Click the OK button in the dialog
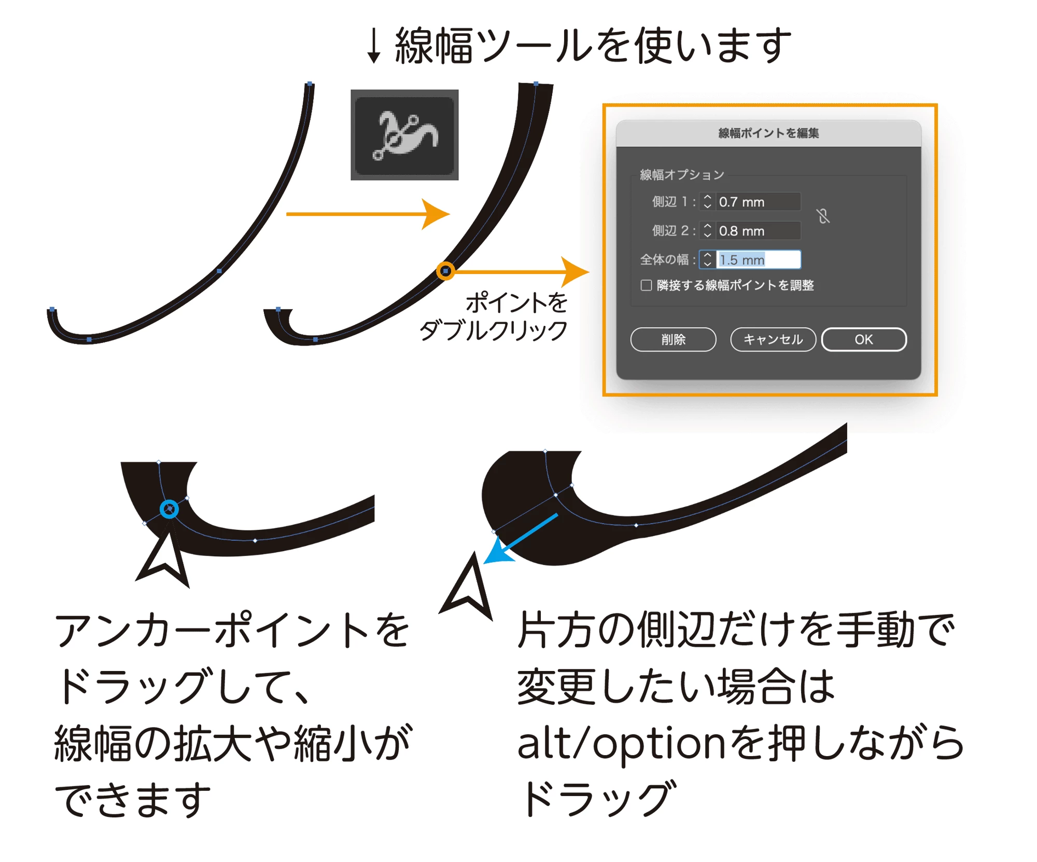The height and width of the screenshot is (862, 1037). (864, 339)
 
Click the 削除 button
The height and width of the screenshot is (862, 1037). (673, 339)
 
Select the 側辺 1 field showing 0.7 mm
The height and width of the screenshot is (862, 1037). (759, 202)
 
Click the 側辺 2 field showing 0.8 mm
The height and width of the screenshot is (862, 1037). (759, 231)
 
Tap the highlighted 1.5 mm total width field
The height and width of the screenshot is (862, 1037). (759, 259)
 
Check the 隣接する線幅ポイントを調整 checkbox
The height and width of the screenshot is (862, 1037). (646, 285)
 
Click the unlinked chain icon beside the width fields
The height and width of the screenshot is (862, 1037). (823, 216)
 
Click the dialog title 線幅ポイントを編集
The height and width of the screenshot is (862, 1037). (768, 133)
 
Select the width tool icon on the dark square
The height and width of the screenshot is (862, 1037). (405, 135)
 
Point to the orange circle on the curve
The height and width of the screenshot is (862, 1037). (445, 271)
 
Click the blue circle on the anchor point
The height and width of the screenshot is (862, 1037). (169, 509)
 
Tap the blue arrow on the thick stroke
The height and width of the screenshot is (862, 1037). (521, 539)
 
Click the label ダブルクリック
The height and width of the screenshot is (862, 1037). (493, 331)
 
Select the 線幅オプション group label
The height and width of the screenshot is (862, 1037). (682, 175)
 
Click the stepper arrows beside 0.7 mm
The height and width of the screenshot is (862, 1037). (707, 202)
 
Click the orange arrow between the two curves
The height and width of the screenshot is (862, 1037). (368, 214)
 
